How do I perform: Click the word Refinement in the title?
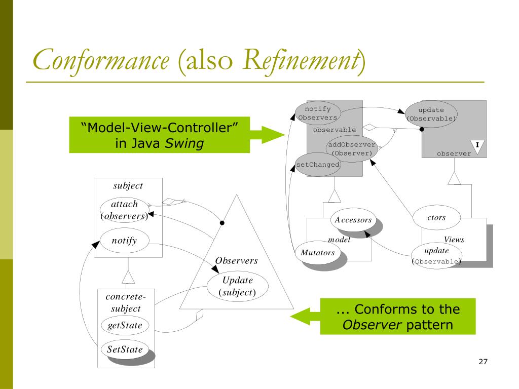click(302, 60)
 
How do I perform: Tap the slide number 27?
click(483, 362)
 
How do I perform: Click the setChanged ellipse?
click(318, 165)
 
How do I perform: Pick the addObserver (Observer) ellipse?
click(352, 149)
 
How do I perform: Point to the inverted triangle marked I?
click(477, 146)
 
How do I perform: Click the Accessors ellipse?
click(353, 220)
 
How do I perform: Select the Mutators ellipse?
click(318, 253)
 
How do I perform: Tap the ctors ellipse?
click(436, 218)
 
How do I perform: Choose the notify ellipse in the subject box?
click(125, 241)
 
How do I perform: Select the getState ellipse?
click(125, 326)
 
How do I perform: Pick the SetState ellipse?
click(125, 349)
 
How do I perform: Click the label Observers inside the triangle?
click(236, 261)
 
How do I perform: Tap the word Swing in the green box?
click(184, 143)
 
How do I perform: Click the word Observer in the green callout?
click(372, 325)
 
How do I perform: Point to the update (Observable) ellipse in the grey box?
click(431, 114)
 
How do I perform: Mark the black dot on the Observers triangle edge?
click(222, 223)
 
